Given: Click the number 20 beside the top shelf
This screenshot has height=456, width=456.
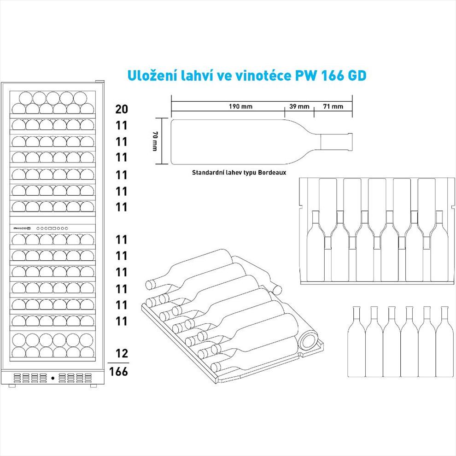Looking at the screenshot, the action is pos(122,109).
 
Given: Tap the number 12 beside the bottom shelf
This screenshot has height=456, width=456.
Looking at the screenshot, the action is pos(122,353).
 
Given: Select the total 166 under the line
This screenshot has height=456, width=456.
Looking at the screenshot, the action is pos(118,371).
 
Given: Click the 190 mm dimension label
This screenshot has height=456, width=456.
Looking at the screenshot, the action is pos(240,106).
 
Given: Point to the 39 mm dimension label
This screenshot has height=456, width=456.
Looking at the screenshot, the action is pos(299,106).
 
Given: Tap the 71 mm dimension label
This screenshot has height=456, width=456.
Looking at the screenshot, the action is pos(333,106).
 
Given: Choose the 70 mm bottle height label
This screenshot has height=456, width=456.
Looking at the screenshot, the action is pos(155,141).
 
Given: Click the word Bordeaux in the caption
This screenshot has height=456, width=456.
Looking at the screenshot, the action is pos(272,172).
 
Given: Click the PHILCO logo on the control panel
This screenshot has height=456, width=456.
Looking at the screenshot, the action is pos(22,228).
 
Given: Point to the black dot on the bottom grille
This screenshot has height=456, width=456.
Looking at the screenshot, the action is pos(53,378).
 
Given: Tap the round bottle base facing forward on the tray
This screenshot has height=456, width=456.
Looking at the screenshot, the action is pos(309,340).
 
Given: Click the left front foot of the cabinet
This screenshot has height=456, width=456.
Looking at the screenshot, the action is pos(12,386).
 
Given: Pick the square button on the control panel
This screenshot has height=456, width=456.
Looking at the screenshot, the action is pos(50,228).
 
